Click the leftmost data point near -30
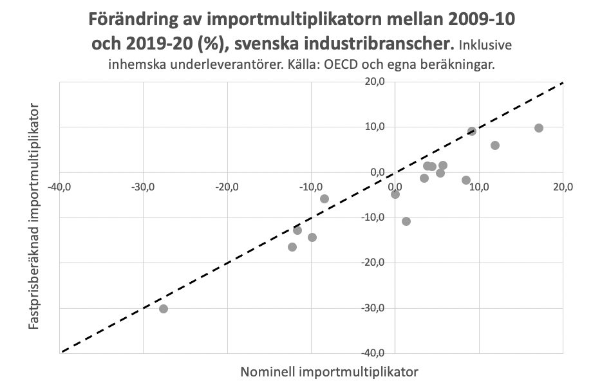[x=164, y=309]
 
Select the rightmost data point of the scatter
[x=539, y=128]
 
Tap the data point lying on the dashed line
[x=472, y=131]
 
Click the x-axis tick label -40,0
[x=59, y=186]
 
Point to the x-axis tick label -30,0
[x=143, y=186]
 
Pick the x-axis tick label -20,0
[x=227, y=186]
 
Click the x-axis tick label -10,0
[x=311, y=186]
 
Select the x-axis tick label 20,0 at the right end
[x=563, y=186]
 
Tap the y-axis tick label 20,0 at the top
[x=375, y=82]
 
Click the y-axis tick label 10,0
[x=375, y=127]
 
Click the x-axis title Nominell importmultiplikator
[x=330, y=372]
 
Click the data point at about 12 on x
[x=495, y=145]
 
